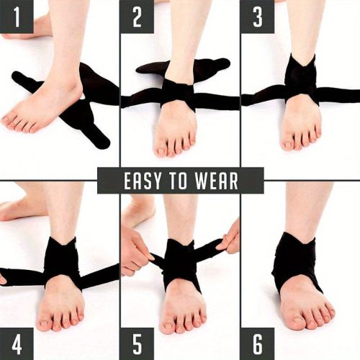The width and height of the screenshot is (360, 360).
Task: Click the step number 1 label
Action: click(17, 17)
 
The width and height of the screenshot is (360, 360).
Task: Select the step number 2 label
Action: click(137, 17)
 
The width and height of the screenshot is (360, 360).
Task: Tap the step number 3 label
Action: click(258, 17)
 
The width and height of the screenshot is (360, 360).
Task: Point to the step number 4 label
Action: click(17, 343)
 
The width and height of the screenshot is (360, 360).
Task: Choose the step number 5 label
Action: click(137, 343)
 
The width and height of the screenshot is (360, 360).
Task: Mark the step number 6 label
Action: click(258, 343)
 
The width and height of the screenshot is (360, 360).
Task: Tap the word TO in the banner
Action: click(178, 181)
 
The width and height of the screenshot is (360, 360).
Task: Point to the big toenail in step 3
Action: click(287, 145)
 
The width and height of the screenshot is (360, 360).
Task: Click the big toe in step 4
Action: click(45, 322)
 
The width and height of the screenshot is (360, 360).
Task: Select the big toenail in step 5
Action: click(168, 326)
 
